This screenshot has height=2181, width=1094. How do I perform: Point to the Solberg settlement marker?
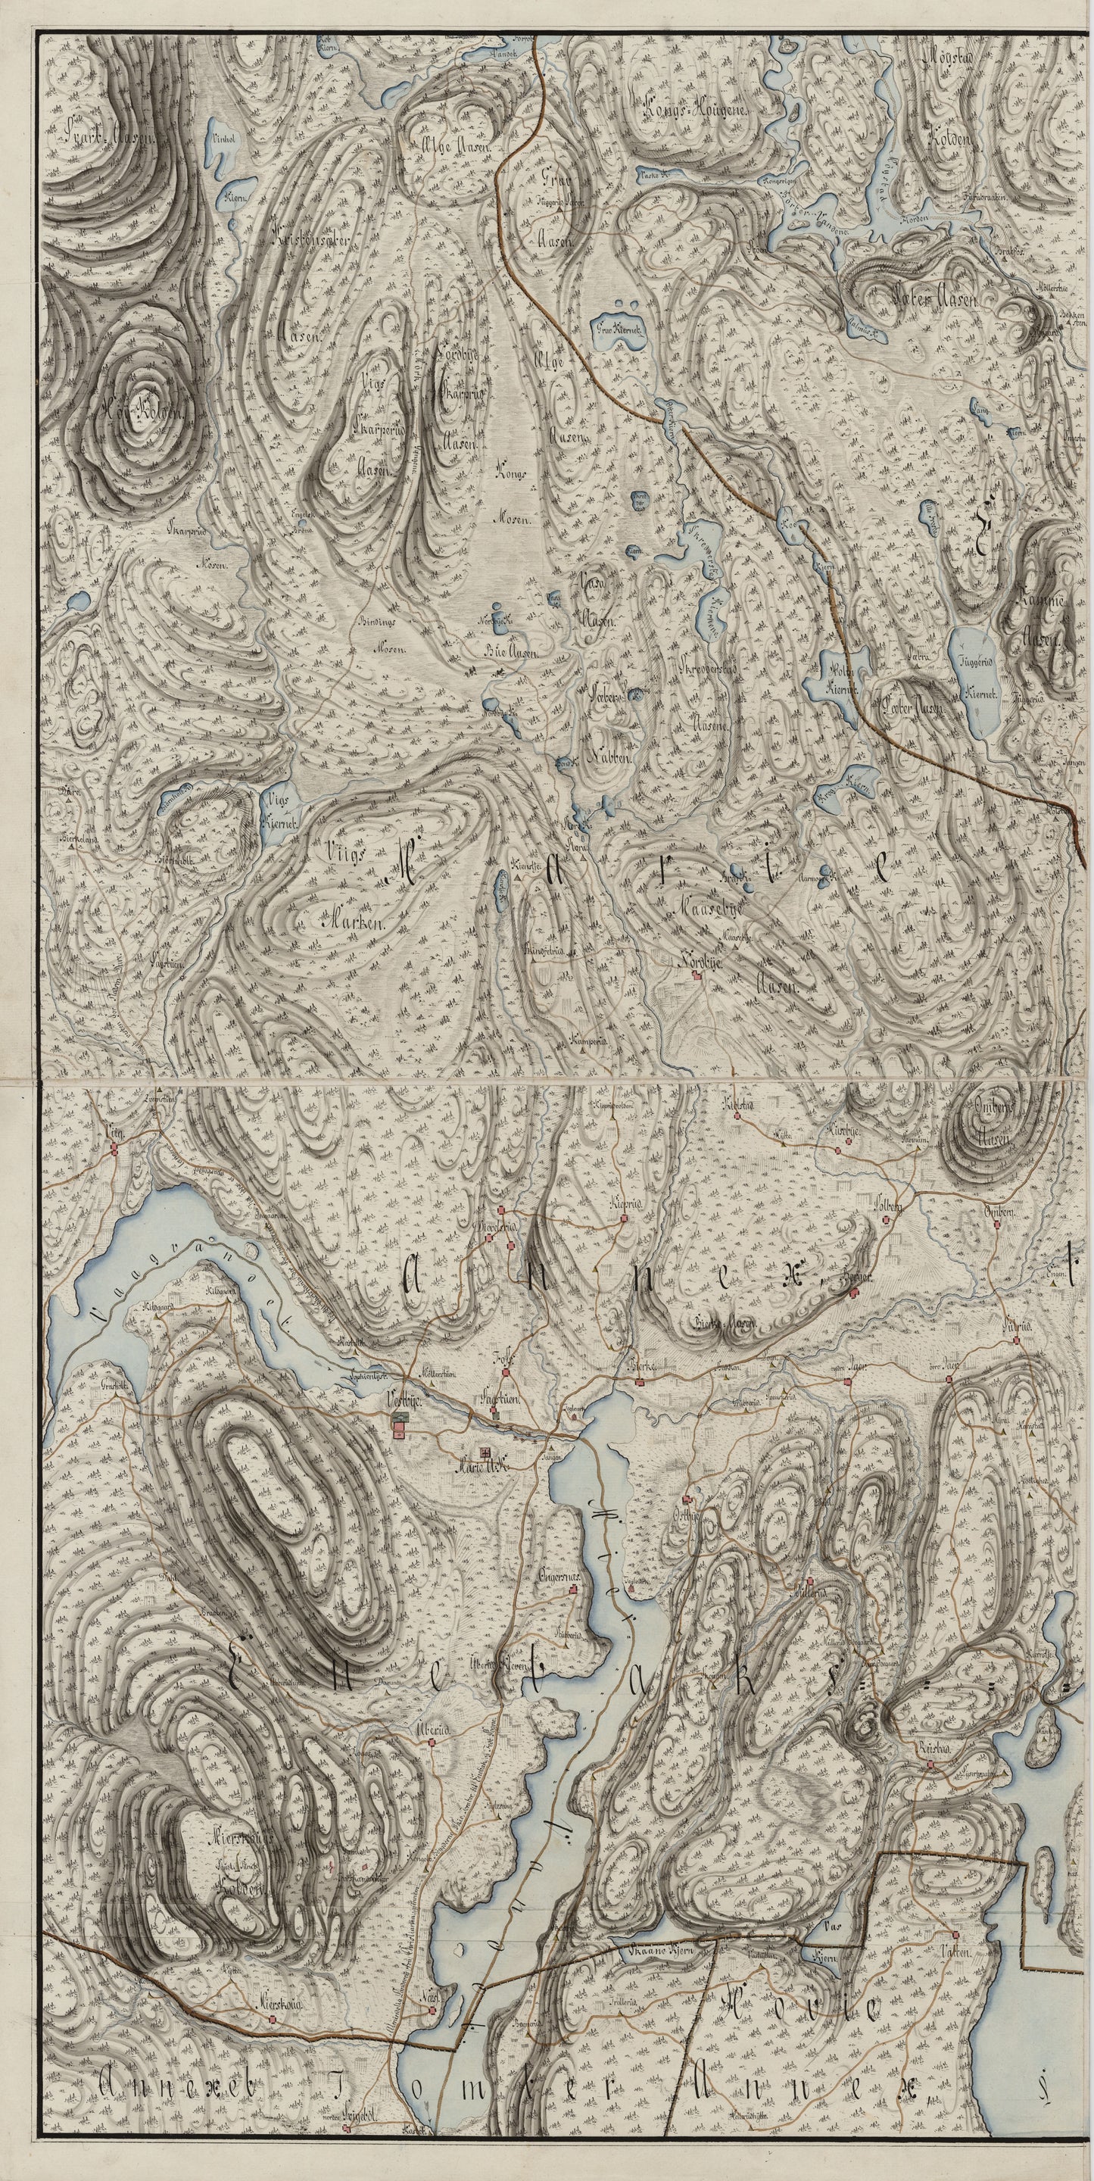(x=887, y=1220)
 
